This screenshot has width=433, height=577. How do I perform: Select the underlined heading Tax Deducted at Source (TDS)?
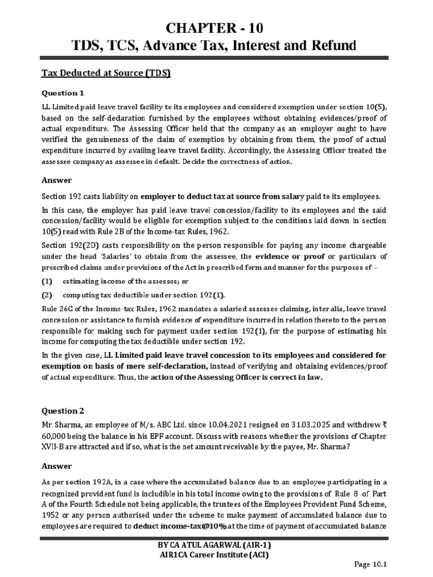(107, 74)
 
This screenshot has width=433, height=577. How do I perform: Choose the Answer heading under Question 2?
(57, 466)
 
